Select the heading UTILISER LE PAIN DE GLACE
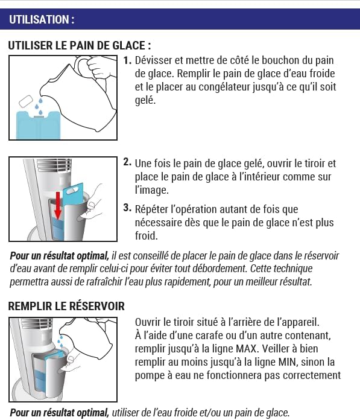79,46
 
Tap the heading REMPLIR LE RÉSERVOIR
66,306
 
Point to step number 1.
127,61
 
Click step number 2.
127,162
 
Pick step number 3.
127,208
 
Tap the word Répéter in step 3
153,209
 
